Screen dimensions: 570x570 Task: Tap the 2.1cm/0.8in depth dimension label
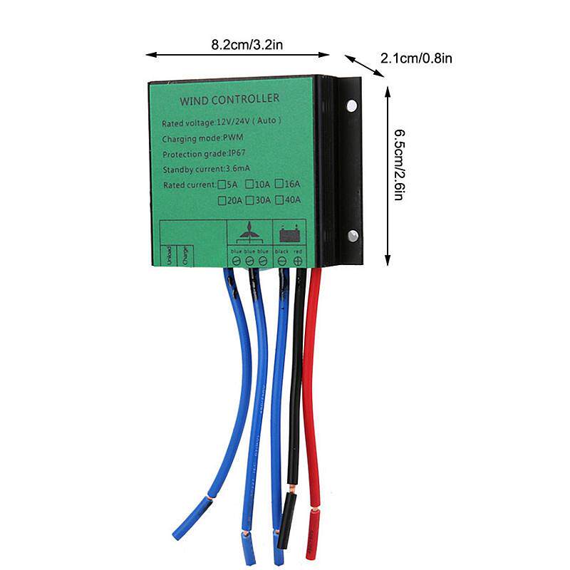point(417,58)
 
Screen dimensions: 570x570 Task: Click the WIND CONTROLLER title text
point(229,98)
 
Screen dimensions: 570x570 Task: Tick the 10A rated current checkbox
point(250,185)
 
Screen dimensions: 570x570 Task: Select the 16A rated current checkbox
point(280,185)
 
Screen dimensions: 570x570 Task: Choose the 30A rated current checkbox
point(250,200)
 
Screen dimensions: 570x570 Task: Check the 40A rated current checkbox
point(280,200)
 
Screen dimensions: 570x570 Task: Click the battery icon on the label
point(289,233)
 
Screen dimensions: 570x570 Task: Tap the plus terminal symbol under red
point(297,261)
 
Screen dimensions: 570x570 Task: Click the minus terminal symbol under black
point(282,261)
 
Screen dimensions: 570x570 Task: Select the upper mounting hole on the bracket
point(352,107)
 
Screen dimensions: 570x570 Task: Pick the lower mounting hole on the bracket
point(352,236)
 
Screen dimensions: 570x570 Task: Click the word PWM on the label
point(234,138)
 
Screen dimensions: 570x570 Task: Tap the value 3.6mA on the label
point(237,170)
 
